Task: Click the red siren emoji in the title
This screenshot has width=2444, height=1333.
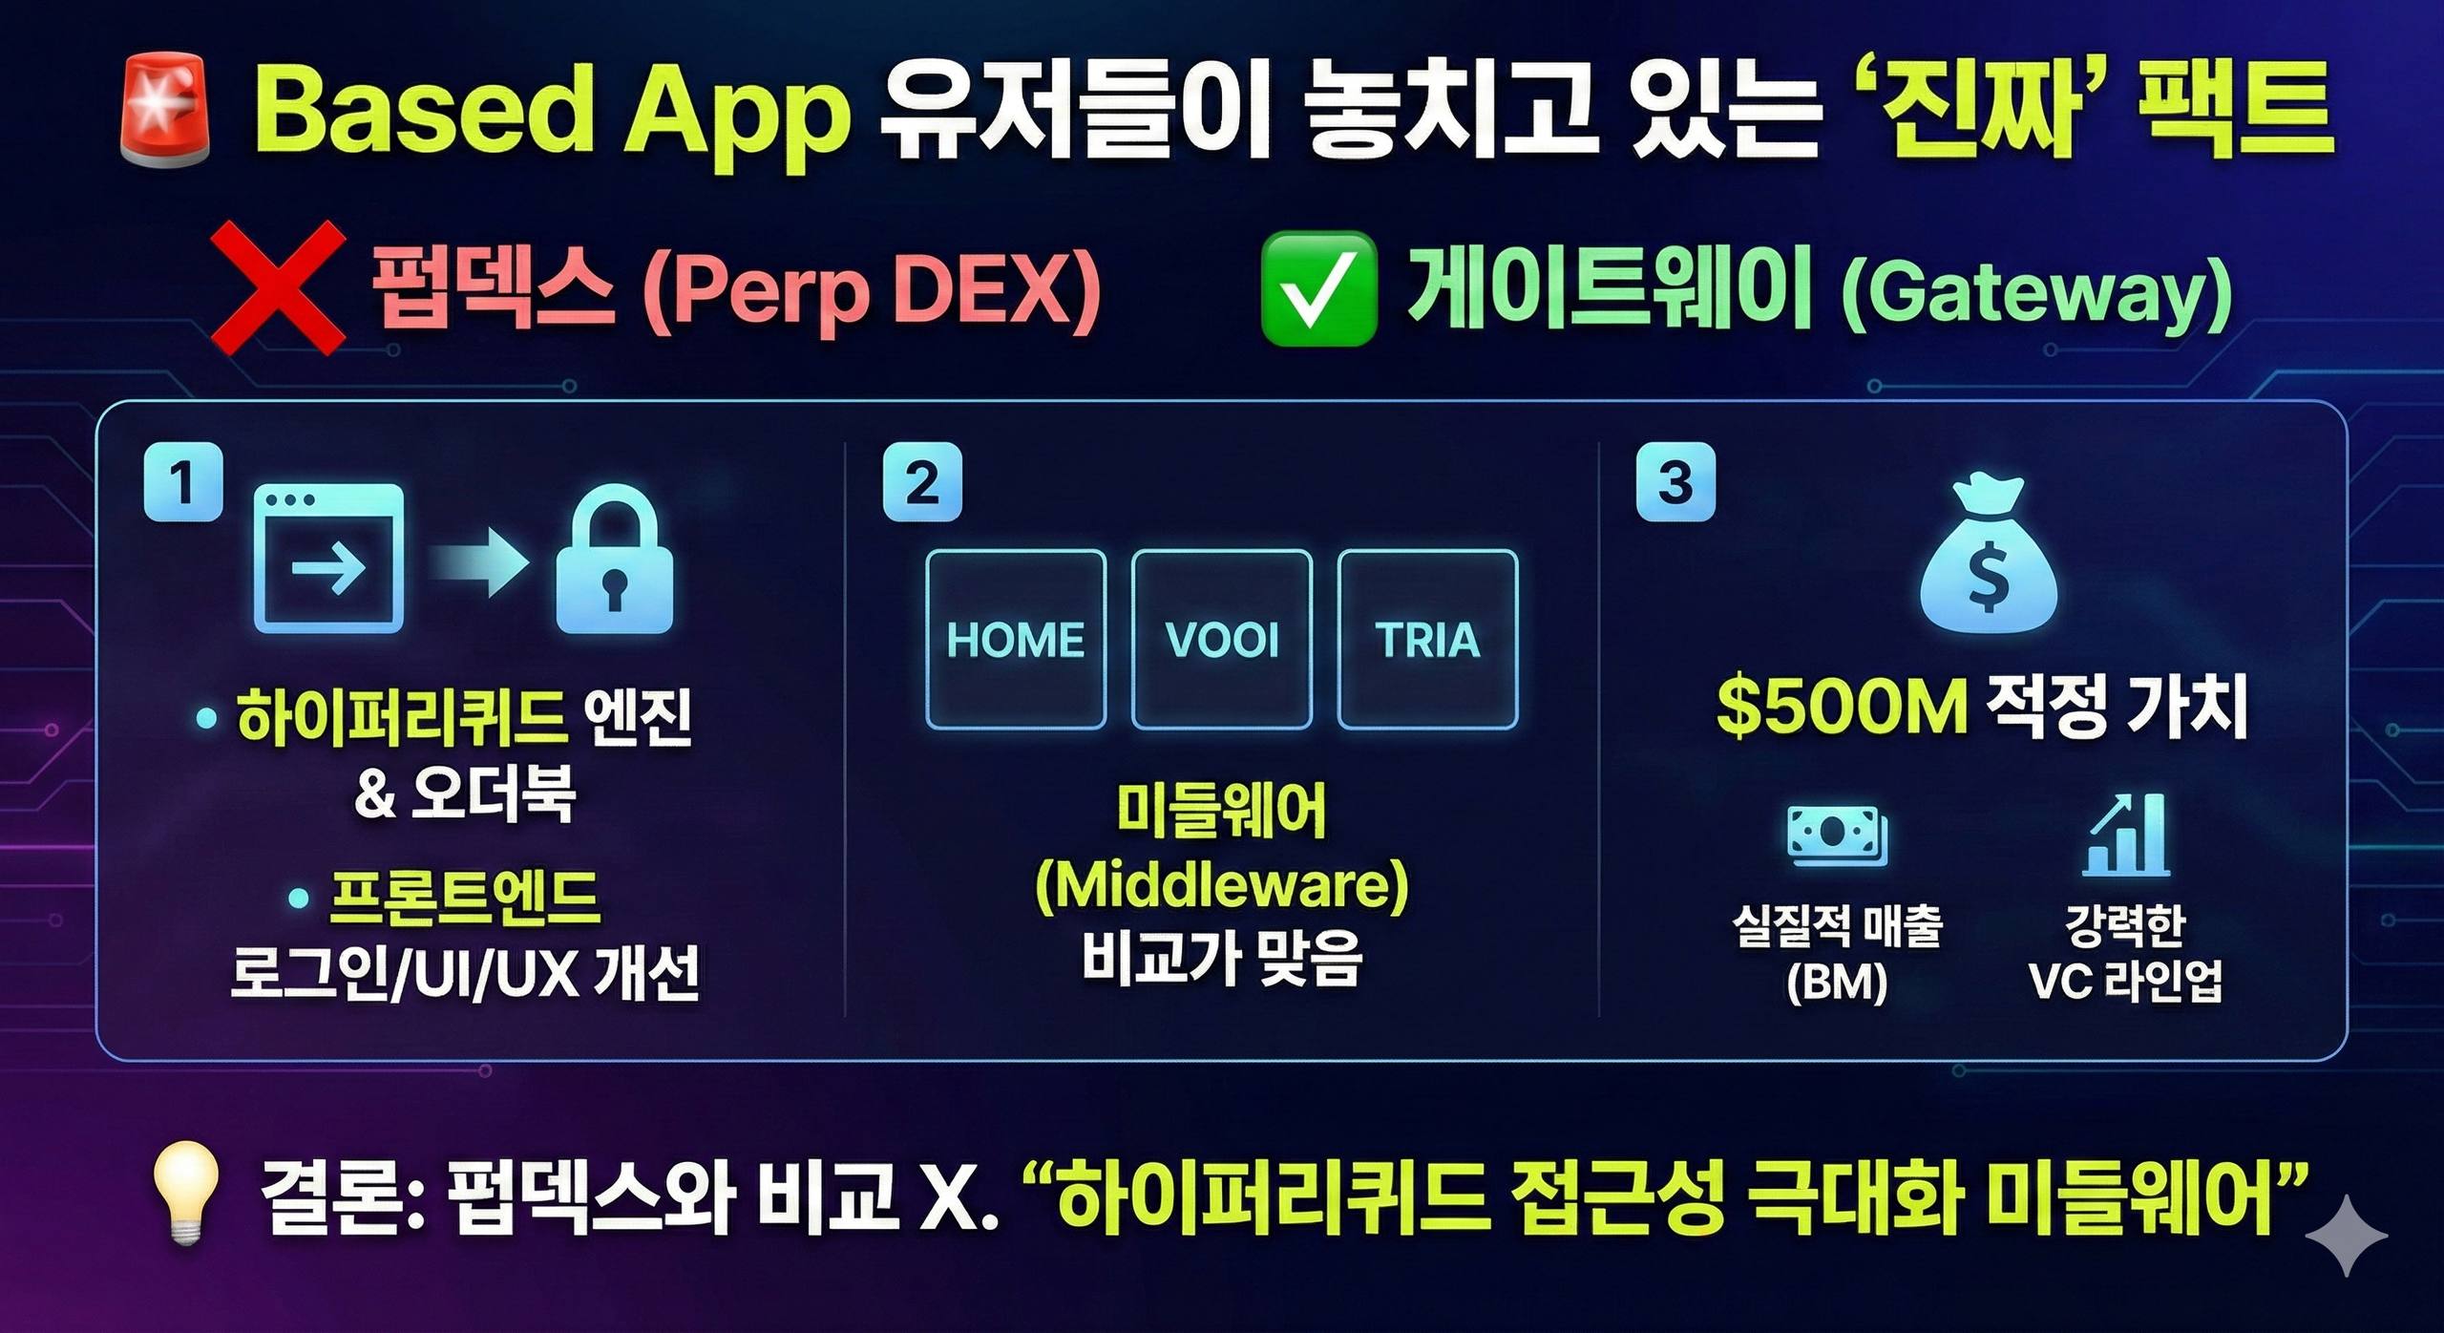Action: tap(164, 112)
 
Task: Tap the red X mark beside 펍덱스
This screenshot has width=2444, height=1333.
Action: tap(278, 287)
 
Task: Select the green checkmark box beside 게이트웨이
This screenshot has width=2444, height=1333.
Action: tap(1319, 288)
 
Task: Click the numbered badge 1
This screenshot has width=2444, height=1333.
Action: tap(183, 481)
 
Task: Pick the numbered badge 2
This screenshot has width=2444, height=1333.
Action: tap(922, 482)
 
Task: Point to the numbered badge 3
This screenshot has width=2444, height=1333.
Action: tap(1675, 482)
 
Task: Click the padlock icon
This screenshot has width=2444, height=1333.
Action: tap(615, 560)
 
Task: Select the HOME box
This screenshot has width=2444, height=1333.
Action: tap(1016, 640)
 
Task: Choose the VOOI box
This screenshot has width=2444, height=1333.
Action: tap(1222, 640)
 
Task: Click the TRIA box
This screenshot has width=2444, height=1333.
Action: tap(1428, 640)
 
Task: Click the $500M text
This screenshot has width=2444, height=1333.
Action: tap(1842, 708)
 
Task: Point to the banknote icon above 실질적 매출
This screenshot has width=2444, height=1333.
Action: tap(1838, 836)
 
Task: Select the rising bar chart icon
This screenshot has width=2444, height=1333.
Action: tap(2126, 835)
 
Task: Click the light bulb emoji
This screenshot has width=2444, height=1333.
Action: tap(187, 1194)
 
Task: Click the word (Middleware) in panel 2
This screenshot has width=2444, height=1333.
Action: tap(1222, 887)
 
